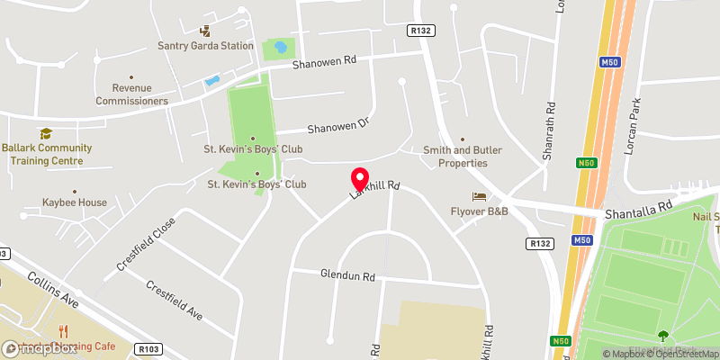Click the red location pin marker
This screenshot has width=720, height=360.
tap(360, 178)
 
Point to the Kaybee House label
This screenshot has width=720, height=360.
tap(74, 203)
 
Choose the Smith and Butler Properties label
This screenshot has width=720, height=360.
tap(456, 157)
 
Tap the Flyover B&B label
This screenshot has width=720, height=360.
tap(480, 211)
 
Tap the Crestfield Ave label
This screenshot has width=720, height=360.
tap(174, 300)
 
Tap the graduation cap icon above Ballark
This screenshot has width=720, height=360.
tap(45, 134)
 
